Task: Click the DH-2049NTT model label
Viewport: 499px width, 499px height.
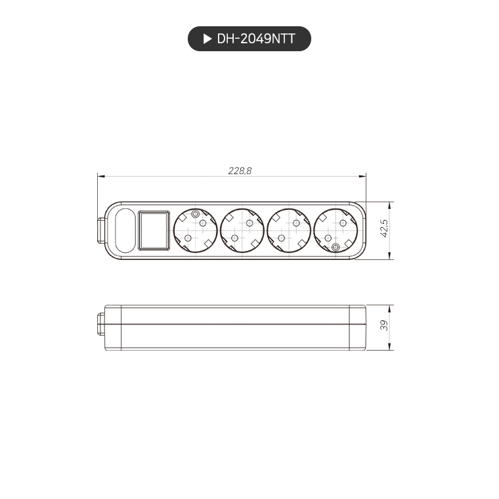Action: [x=255, y=39]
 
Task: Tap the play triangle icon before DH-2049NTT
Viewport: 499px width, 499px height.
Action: [x=207, y=39]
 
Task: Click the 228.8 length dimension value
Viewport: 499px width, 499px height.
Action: [x=240, y=170]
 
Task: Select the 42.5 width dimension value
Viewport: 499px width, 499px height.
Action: [x=385, y=229]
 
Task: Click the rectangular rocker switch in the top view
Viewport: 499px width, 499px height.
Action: [x=154, y=230]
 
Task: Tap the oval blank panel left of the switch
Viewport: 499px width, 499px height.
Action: [x=124, y=230]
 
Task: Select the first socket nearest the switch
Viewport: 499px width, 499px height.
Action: [x=195, y=230]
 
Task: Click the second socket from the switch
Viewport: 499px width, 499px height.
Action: [x=242, y=230]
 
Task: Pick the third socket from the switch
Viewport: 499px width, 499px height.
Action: [x=289, y=230]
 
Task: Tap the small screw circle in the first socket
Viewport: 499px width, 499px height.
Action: [x=195, y=214]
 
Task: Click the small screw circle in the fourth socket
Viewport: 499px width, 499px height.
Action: [x=336, y=247]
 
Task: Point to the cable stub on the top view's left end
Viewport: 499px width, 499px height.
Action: [x=100, y=230]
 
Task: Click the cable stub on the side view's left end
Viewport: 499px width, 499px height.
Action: [x=100, y=326]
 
